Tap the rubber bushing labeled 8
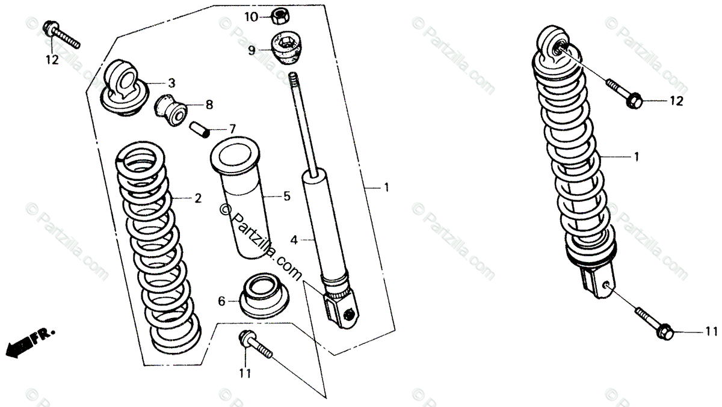pyautogui.click(x=172, y=109)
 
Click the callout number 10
pyautogui.click(x=251, y=17)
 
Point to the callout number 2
pyautogui.click(x=198, y=198)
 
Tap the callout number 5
pyautogui.click(x=286, y=195)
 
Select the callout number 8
pyautogui.click(x=209, y=105)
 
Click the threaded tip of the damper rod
pyautogui.click(x=294, y=79)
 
